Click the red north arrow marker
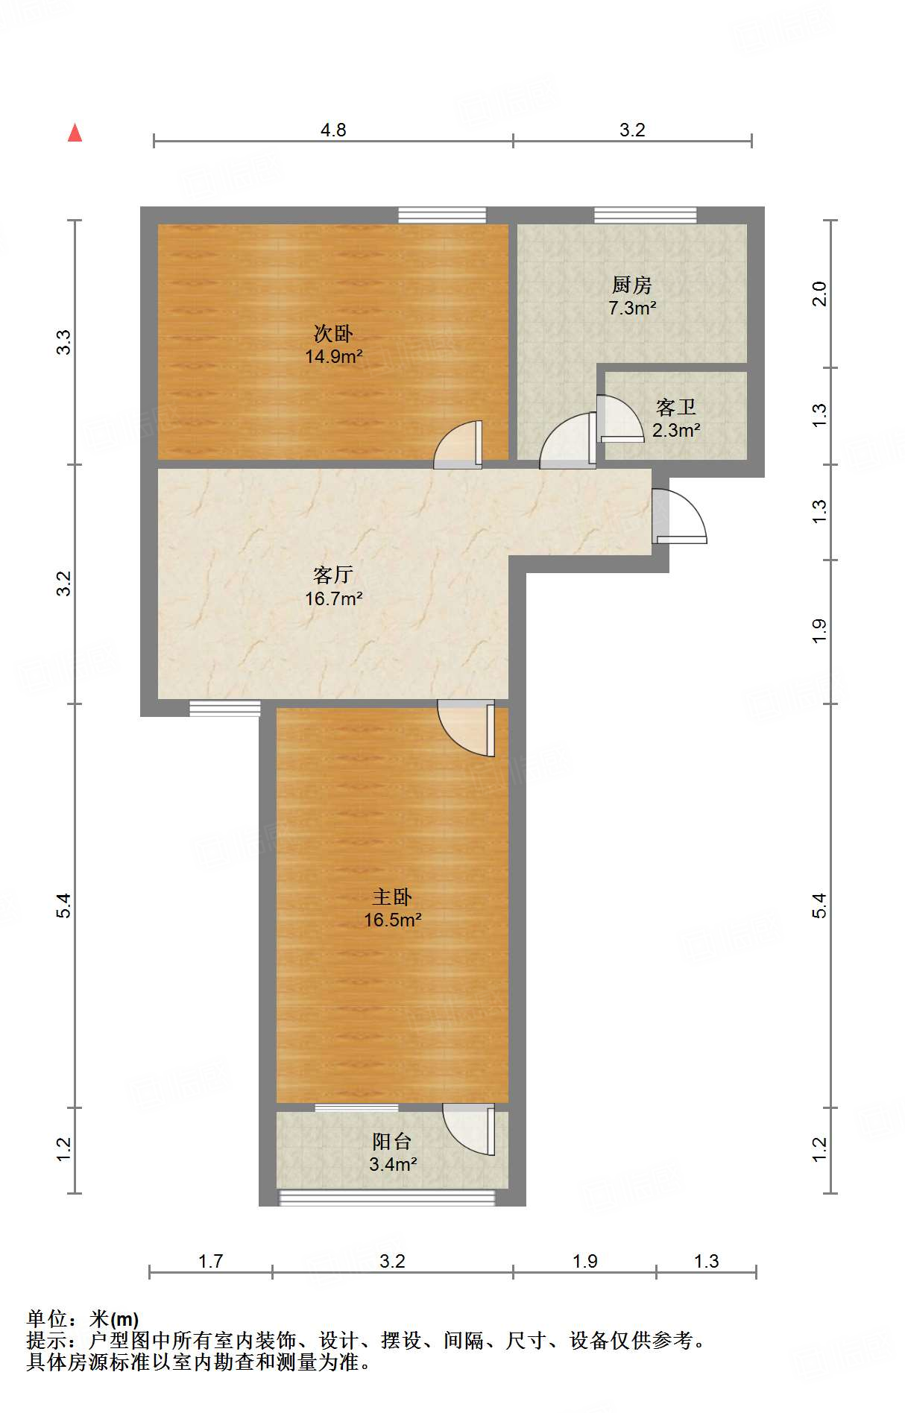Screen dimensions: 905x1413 (75, 133)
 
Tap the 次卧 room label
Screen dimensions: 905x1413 (333, 333)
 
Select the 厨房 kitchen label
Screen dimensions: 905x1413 (631, 285)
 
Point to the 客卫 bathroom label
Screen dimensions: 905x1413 (675, 407)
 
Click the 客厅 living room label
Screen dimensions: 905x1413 (332, 575)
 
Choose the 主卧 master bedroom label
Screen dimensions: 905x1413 (392, 897)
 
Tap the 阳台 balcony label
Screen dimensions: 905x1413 (392, 1141)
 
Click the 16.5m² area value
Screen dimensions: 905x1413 (393, 920)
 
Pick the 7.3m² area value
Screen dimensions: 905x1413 (632, 308)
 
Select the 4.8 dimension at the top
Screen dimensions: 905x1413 (333, 130)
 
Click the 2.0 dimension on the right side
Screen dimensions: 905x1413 (819, 294)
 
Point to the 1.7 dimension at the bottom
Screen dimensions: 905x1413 (210, 1261)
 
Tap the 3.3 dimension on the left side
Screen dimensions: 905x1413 (64, 342)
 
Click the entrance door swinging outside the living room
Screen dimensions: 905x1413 (678, 516)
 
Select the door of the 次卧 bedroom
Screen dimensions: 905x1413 (458, 445)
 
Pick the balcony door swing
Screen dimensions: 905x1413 (469, 1129)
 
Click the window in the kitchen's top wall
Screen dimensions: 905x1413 (645, 215)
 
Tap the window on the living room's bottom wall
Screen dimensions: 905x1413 (224, 708)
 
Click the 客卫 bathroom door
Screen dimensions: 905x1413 (620, 418)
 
